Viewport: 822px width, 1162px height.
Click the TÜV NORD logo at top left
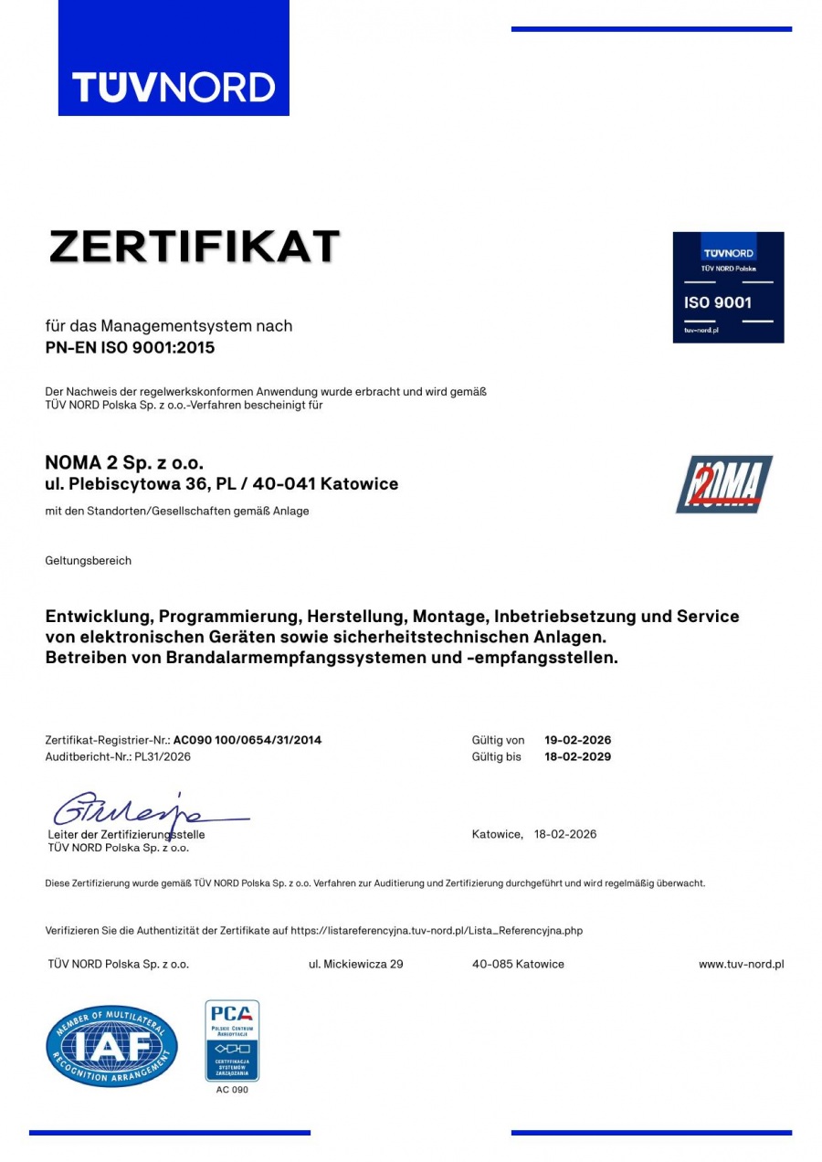pyautogui.click(x=174, y=88)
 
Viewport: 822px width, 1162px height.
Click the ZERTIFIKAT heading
pyautogui.click(x=195, y=247)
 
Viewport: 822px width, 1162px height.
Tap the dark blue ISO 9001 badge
pyautogui.click(x=728, y=287)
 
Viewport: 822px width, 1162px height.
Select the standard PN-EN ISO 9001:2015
pyautogui.click(x=131, y=347)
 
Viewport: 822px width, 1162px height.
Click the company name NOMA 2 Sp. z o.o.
pyautogui.click(x=124, y=463)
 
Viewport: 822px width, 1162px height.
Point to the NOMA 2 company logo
pyautogui.click(x=723, y=484)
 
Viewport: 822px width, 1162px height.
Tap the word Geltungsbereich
pyautogui.click(x=89, y=561)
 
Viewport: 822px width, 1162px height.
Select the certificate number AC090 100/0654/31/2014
pyautogui.click(x=247, y=740)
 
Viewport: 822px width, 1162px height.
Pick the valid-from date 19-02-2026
pyautogui.click(x=577, y=740)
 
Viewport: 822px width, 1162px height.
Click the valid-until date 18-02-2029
pyautogui.click(x=577, y=756)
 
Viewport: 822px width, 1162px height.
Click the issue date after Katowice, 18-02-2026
pyautogui.click(x=564, y=834)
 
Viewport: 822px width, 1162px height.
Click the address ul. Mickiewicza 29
pyautogui.click(x=356, y=964)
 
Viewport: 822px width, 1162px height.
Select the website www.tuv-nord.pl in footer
pyautogui.click(x=741, y=964)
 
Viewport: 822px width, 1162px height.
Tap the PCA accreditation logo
pyautogui.click(x=232, y=1041)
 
